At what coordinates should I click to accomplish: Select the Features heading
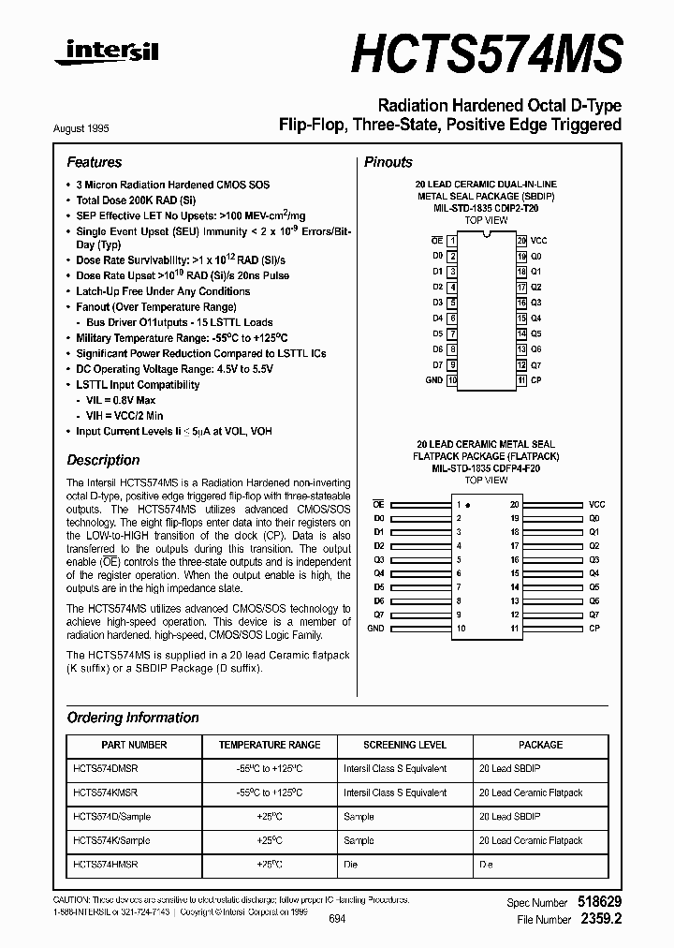pos(95,162)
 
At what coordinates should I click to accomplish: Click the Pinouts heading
pos(388,162)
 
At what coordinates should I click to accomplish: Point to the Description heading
pos(103,460)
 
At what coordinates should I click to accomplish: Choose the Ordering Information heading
pos(133,718)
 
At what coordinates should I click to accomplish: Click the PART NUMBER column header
pos(133,745)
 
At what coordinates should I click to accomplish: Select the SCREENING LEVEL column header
pos(404,745)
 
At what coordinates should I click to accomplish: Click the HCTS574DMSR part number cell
pos(105,768)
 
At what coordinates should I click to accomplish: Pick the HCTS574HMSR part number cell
pos(105,865)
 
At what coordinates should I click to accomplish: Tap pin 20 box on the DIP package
pos(521,241)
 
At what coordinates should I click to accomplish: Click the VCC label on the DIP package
pos(539,241)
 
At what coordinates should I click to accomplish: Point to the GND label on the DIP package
pos(433,380)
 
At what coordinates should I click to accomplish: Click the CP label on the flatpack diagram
pos(593,629)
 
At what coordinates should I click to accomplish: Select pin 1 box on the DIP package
pos(452,241)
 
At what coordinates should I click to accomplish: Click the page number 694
pos(338,919)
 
